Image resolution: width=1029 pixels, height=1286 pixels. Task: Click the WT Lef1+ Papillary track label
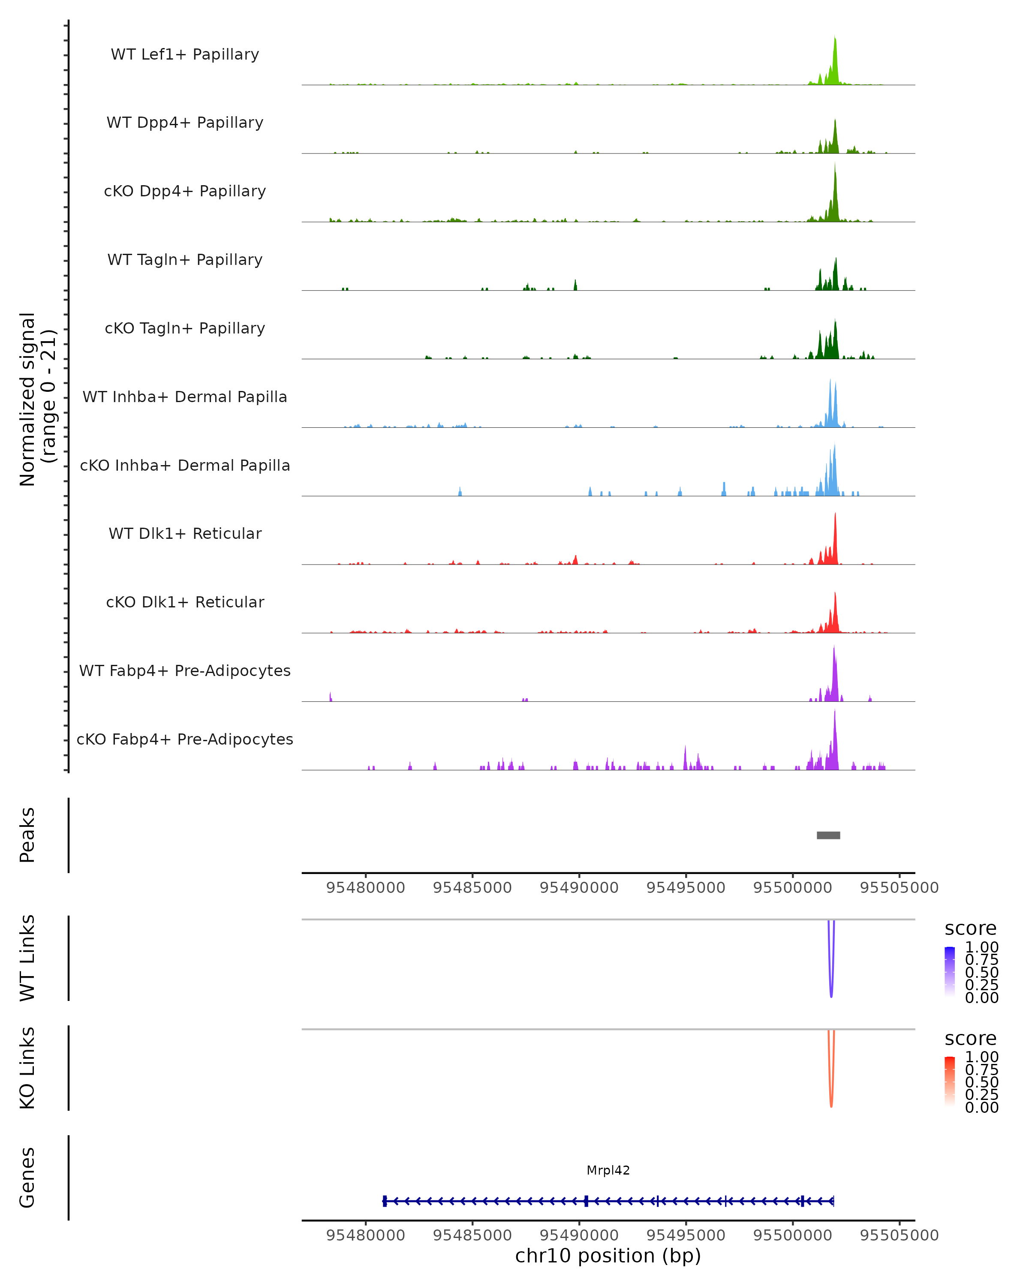pos(185,54)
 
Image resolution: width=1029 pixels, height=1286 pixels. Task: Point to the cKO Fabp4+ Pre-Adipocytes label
pos(185,739)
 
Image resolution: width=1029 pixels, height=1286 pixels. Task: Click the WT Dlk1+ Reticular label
pos(185,533)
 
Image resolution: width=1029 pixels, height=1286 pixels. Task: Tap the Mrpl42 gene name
pos(608,1170)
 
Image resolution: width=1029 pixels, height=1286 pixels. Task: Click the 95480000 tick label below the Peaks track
pos(366,888)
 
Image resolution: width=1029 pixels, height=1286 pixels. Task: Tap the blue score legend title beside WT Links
pos(971,929)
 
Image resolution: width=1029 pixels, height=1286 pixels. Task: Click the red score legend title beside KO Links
pos(971,1039)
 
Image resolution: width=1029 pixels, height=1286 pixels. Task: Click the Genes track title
pos(27,1178)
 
